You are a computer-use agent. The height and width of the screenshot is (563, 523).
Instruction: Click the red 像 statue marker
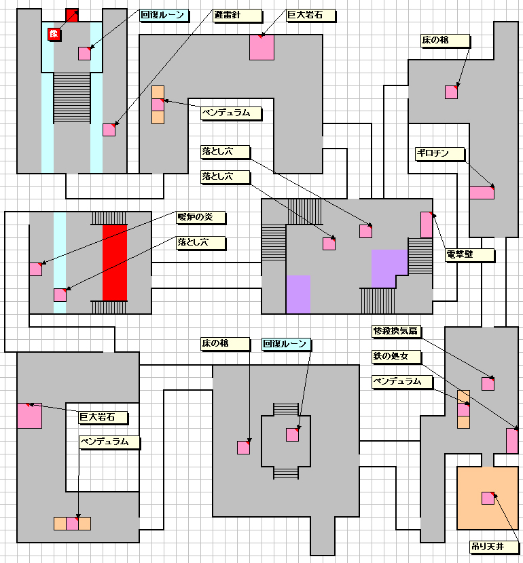[54, 34]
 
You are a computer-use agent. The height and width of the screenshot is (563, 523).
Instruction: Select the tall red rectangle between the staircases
[115, 263]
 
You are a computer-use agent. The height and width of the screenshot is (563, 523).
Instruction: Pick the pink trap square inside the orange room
[488, 498]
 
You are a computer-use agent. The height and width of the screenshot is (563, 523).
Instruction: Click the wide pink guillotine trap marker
[482, 193]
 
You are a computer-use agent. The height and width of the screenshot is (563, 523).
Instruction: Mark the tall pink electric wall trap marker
[427, 225]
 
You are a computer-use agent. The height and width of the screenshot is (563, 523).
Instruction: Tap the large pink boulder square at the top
[261, 47]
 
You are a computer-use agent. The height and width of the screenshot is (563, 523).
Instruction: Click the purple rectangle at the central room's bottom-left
[298, 294]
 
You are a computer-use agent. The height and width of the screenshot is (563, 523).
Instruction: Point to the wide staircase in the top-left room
[72, 98]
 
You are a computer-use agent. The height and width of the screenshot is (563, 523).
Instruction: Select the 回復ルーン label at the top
[164, 16]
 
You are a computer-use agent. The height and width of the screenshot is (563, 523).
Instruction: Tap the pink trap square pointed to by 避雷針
[109, 130]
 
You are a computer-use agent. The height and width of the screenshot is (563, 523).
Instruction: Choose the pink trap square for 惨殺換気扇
[488, 383]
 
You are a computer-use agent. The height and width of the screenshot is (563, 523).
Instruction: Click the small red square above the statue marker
[72, 16]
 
